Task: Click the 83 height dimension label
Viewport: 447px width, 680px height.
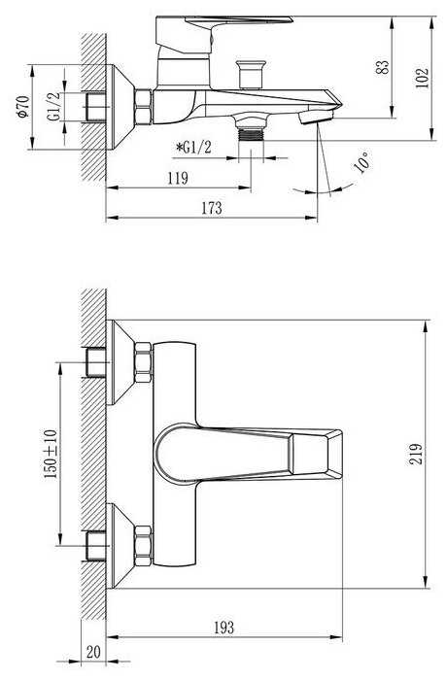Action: (382, 67)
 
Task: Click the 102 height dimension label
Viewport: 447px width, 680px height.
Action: (422, 79)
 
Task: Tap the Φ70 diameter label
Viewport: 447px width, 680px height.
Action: (23, 107)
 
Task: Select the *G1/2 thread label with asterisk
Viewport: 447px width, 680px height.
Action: (193, 148)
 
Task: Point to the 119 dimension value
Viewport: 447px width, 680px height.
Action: (178, 178)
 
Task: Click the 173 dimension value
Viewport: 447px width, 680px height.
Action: (212, 208)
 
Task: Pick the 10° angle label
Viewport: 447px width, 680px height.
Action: (362, 162)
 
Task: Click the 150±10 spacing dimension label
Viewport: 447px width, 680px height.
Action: (51, 454)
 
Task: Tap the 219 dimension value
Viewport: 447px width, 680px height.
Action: (415, 454)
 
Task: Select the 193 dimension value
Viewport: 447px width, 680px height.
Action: (223, 628)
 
